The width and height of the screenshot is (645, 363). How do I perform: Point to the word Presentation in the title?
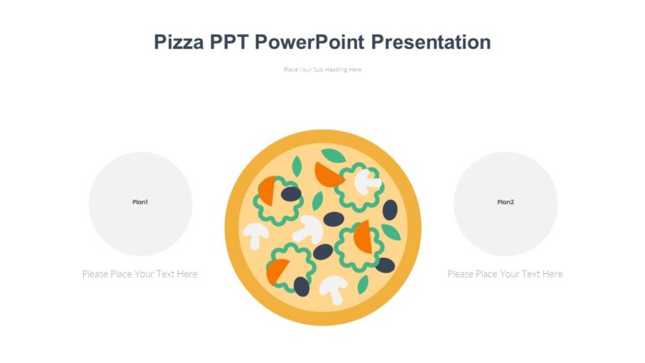coord(430,42)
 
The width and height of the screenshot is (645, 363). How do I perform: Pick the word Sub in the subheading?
coord(317,69)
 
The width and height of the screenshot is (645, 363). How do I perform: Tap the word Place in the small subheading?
coord(291,69)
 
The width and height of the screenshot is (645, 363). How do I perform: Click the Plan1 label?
coord(140,202)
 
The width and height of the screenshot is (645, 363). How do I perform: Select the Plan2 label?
coord(506,202)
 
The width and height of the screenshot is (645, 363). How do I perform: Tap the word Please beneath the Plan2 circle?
coord(461,274)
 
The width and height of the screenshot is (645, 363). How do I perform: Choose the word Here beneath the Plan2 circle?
coord(552,274)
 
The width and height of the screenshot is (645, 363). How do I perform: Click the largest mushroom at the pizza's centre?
coord(308,227)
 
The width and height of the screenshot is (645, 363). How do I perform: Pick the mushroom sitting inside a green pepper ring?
coord(366,180)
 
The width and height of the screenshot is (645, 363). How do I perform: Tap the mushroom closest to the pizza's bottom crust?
coord(333,287)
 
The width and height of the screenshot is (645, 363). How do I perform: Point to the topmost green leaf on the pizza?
coord(333,155)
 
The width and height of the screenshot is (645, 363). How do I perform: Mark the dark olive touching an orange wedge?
coord(291,194)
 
